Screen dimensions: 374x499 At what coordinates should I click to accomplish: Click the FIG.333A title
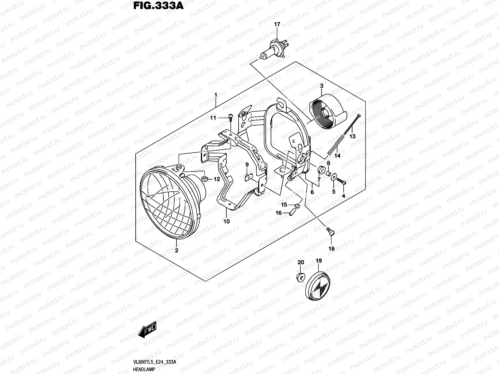tap(158, 6)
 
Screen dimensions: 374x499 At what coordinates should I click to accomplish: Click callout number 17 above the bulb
tap(277, 24)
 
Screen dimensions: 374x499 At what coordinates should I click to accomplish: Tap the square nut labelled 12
tap(205, 179)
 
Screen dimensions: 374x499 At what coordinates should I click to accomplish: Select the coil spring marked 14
tap(335, 145)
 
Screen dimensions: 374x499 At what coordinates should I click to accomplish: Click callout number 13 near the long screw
tap(352, 137)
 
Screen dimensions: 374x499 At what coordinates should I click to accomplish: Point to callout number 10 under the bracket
tap(226, 222)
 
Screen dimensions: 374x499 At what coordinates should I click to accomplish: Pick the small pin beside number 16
tap(293, 212)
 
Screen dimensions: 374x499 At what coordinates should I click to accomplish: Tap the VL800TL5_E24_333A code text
tap(155, 362)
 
